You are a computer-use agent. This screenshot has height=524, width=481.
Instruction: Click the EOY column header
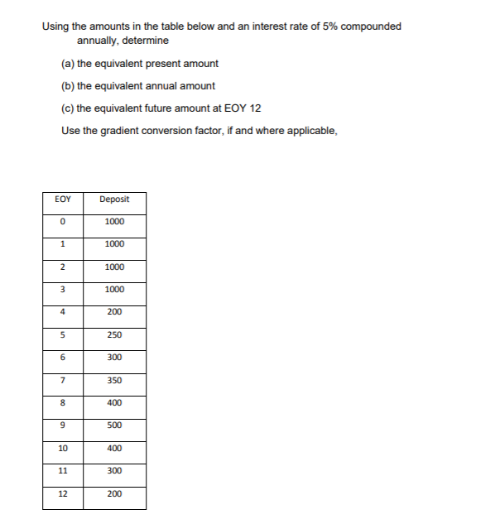coord(62,199)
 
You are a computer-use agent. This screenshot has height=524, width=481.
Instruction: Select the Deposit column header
coord(114,199)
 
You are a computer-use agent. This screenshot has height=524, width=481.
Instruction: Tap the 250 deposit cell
coord(114,335)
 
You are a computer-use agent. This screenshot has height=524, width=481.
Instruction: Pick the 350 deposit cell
coord(114,381)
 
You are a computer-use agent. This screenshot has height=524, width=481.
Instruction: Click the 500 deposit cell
coord(114,425)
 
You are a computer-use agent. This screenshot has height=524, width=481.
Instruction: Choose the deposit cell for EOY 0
coord(114,222)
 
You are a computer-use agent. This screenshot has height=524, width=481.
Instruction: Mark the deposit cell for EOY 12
coord(114,493)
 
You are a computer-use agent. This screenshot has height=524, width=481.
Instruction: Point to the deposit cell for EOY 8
coord(114,403)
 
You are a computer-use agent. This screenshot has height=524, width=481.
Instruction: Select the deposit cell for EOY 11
coord(114,471)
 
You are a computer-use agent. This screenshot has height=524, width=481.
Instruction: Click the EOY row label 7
coord(62,381)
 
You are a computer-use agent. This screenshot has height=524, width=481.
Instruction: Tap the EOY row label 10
coord(62,449)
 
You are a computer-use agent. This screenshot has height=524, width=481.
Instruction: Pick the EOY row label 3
coord(62,290)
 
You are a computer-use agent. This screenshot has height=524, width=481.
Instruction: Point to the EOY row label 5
coord(62,335)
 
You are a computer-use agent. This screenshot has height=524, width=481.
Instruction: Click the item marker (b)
coord(68,86)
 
